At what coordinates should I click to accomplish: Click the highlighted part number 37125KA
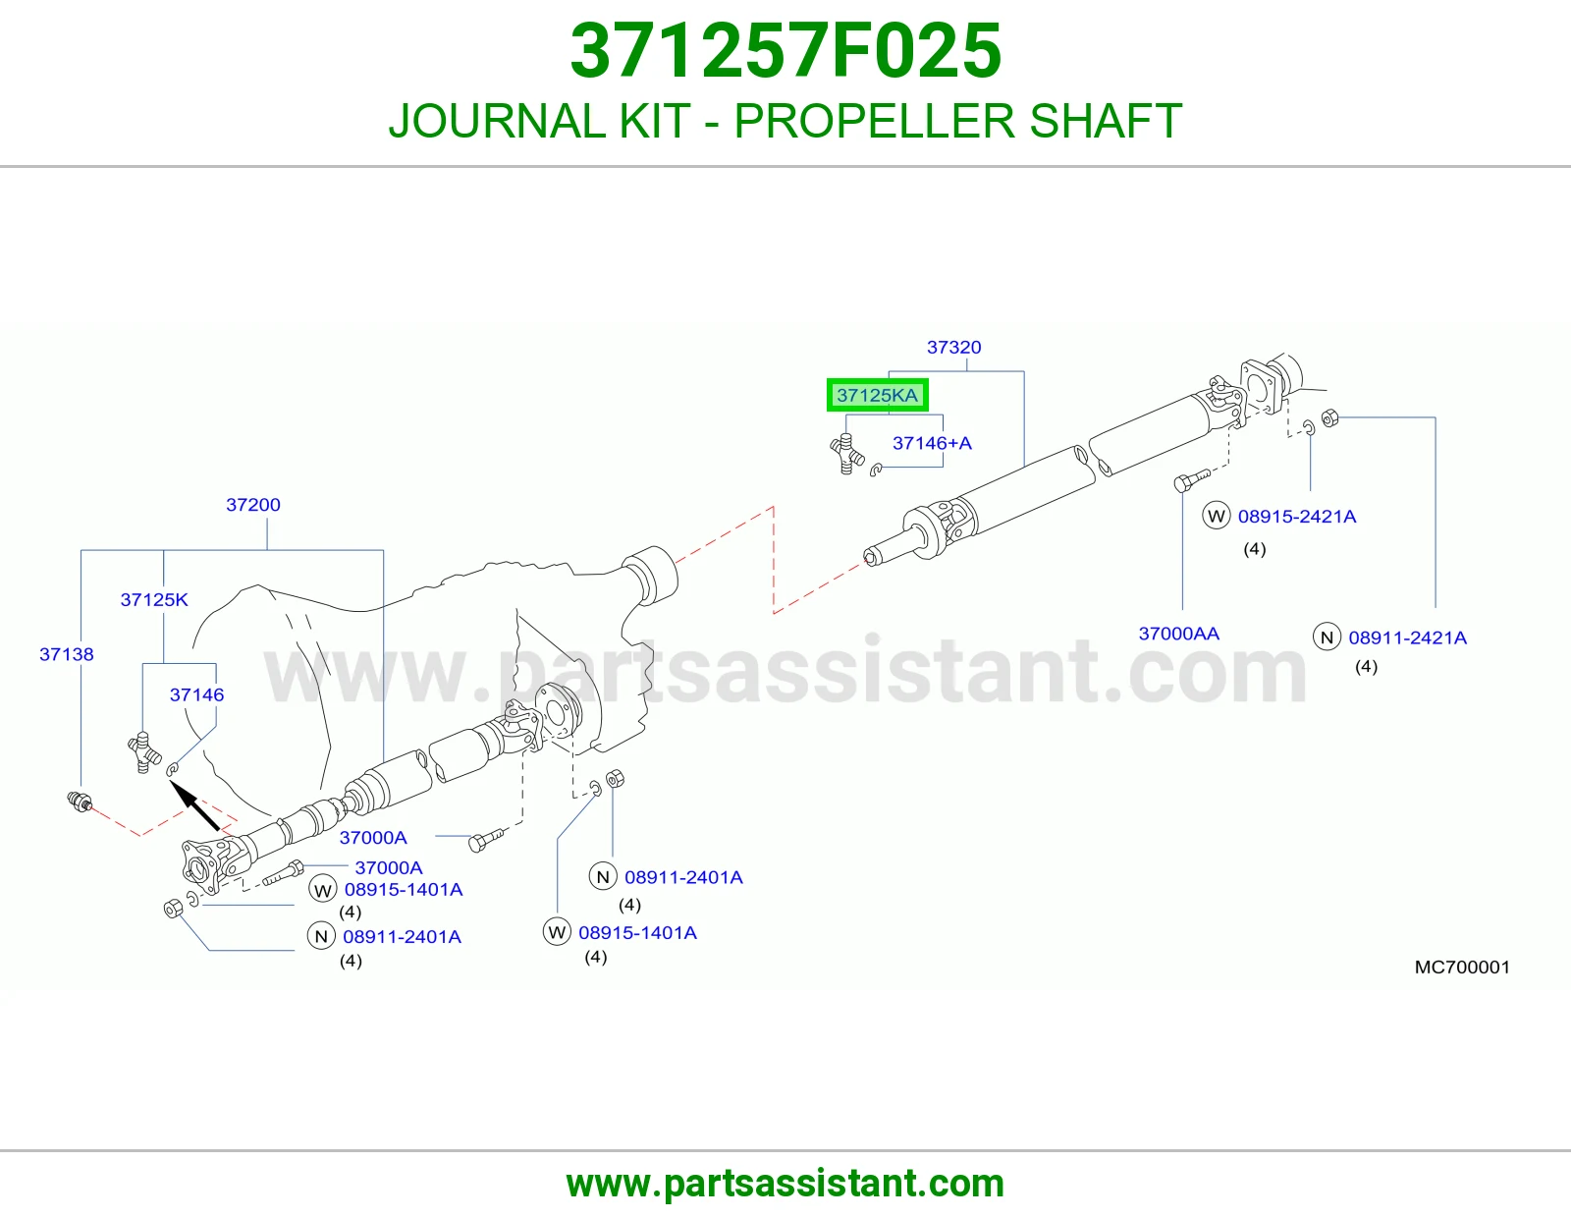pos(877,395)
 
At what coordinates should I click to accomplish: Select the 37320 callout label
pos(953,347)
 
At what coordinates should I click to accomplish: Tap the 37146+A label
pos(932,443)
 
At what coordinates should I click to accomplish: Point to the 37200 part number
pos(253,504)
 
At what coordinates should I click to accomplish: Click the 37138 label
pos(67,654)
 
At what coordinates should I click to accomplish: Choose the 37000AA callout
pos(1178,634)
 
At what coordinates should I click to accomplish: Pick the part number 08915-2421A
pos(1297,517)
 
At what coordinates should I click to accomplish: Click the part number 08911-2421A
pos(1408,637)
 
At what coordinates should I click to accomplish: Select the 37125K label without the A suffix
pos(154,599)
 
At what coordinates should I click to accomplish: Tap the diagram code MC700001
pos(1462,967)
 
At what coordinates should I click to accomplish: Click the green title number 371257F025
pos(785,51)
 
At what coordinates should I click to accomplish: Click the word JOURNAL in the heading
pos(540,121)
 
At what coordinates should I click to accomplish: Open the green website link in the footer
pos(785,1184)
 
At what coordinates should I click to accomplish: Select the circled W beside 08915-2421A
pos(1216,516)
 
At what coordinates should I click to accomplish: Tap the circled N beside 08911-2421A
pos(1327,637)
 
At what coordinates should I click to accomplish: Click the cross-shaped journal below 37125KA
pos(846,453)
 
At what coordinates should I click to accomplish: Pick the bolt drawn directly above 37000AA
pos(1192,480)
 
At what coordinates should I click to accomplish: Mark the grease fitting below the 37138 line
pos(80,802)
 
